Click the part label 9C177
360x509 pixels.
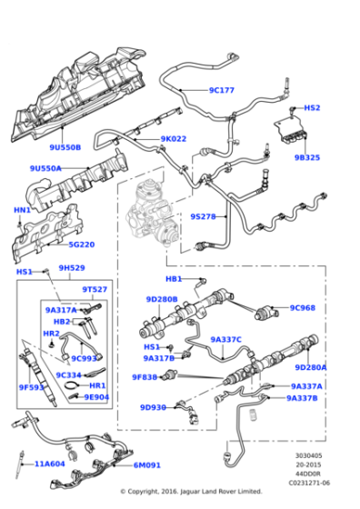coord(221,90)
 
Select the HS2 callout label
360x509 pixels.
coord(312,107)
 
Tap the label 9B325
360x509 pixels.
coord(306,157)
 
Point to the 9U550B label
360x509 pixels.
coord(65,146)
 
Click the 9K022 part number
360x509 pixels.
coord(173,139)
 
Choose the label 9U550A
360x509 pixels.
coord(45,168)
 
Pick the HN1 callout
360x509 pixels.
coord(22,210)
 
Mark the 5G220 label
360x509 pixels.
coord(80,244)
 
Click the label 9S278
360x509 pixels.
coord(202,216)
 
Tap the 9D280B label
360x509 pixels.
coord(161,299)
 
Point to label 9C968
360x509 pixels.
coord(302,307)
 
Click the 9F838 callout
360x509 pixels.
coord(145,377)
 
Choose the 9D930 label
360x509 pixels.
coord(154,407)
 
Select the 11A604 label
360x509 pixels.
coord(51,464)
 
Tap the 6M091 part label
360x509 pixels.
coord(146,465)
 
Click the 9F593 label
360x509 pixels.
coord(32,387)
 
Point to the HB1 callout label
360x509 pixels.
coord(173,279)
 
